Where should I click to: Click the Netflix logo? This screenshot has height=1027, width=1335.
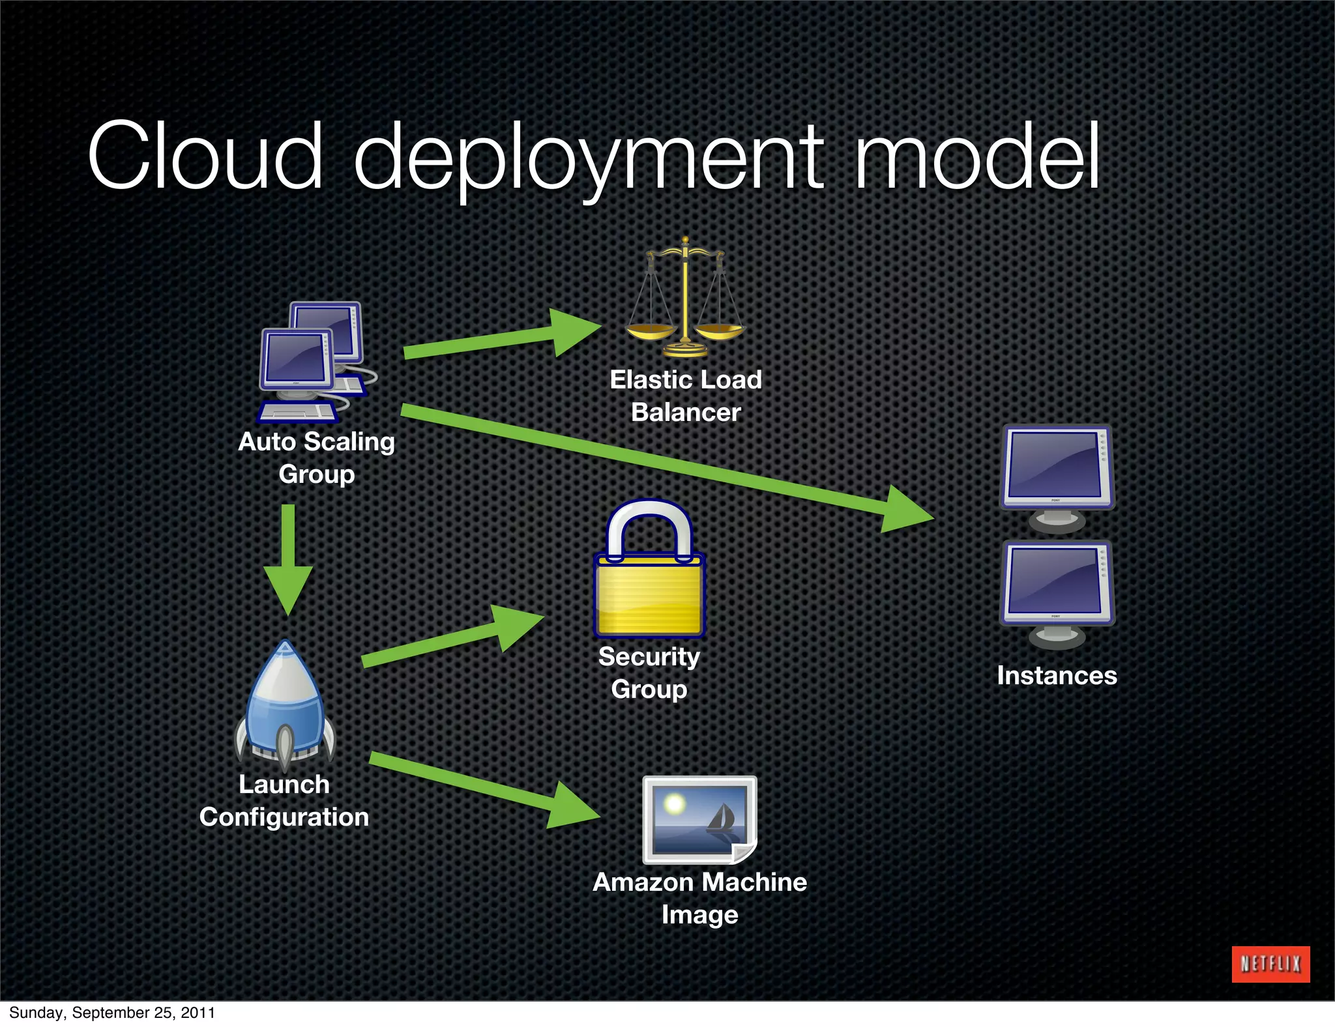tap(1270, 964)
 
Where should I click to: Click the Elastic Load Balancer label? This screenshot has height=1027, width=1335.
tap(686, 396)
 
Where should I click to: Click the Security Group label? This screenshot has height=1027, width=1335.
tap(649, 673)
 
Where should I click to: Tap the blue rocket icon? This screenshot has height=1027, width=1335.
tap(285, 704)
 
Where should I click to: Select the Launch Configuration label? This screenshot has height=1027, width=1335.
tap(284, 800)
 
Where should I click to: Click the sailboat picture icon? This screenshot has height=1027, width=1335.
tap(699, 819)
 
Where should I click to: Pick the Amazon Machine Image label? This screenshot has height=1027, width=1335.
tap(699, 898)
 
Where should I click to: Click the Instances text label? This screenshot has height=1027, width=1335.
tap(1057, 675)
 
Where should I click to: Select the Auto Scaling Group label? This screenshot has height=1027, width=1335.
tap(317, 457)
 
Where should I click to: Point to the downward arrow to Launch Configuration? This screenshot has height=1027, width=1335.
tap(288, 560)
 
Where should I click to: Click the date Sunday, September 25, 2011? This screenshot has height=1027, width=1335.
tap(111, 1013)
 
